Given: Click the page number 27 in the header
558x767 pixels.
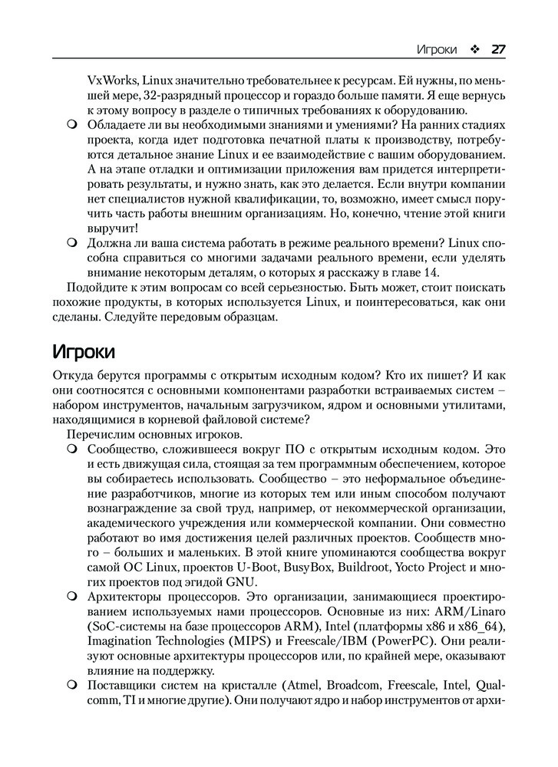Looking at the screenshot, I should [x=497, y=49].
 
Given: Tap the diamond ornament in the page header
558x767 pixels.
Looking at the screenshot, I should [x=474, y=49].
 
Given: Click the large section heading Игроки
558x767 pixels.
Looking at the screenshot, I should [x=83, y=352].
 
